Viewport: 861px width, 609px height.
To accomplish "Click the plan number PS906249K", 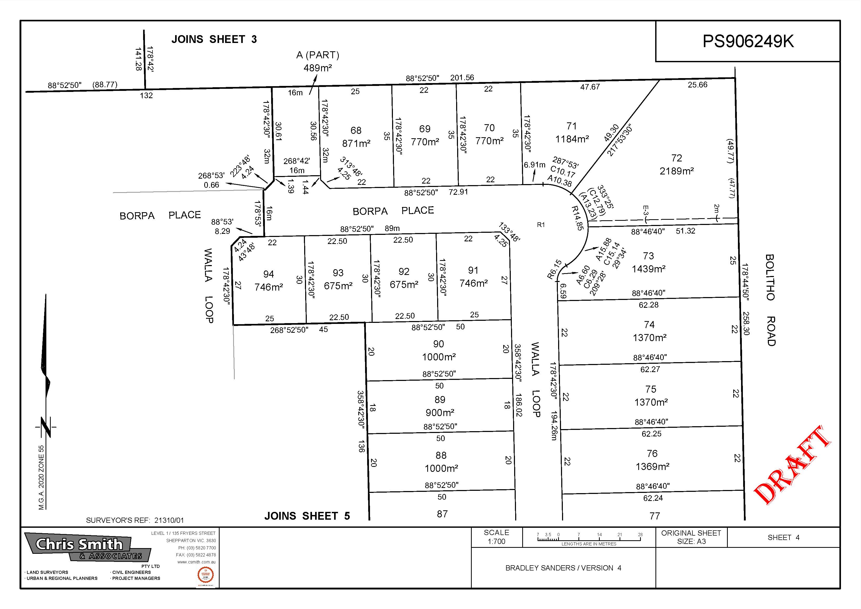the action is [x=748, y=41].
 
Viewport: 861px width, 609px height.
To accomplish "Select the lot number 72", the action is [x=677, y=158].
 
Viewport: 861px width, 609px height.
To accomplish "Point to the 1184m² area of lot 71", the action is [x=572, y=139].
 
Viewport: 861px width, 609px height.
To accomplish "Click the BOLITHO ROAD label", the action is [x=770, y=300].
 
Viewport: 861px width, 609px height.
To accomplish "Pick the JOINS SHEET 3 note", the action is [x=214, y=39].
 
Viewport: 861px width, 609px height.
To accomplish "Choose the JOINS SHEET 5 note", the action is [x=307, y=516].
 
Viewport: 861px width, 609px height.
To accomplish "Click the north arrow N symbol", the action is [x=46, y=427].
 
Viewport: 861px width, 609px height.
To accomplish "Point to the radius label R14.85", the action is [x=578, y=218].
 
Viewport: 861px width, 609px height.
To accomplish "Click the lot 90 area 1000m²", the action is [x=439, y=357].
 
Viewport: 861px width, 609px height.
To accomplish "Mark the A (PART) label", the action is [x=318, y=55].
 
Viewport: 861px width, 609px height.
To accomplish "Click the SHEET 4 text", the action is [x=783, y=537].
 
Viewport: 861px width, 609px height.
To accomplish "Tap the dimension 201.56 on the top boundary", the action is [x=462, y=78].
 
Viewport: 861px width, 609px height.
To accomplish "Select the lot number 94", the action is [x=269, y=274].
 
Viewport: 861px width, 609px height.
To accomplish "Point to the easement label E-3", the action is [x=645, y=210].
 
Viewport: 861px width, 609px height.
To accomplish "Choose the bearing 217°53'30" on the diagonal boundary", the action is [x=620, y=140].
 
